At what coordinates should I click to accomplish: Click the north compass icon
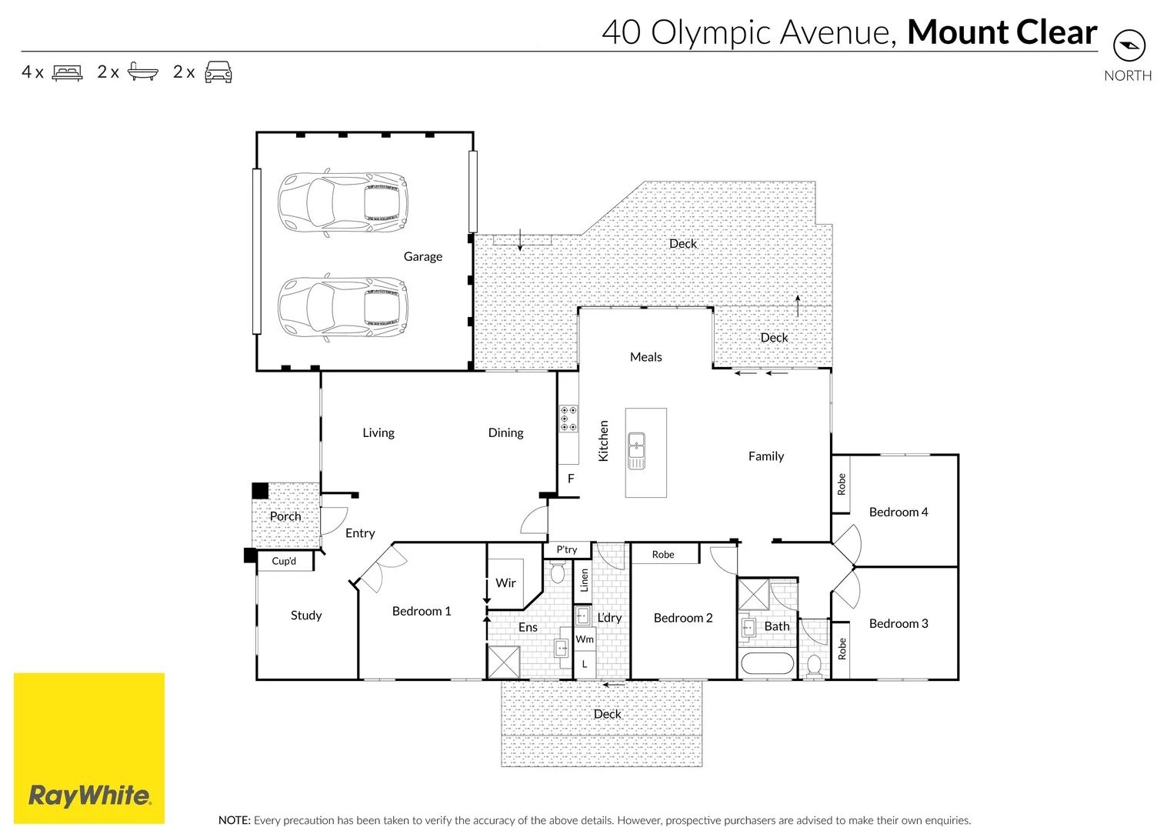tap(1129, 45)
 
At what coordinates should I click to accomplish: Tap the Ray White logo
tap(89, 795)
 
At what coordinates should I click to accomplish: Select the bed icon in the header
tap(67, 72)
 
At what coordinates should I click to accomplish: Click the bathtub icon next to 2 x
tap(142, 72)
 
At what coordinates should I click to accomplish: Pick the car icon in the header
tap(218, 72)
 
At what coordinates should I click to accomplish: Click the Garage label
tap(422, 256)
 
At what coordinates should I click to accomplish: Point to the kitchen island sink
tap(636, 451)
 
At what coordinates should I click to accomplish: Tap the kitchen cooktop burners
tap(568, 419)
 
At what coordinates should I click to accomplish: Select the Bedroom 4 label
tap(898, 512)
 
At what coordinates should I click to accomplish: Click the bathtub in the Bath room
tap(766, 663)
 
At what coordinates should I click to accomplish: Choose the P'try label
tap(566, 549)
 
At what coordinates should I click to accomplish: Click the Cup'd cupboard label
tap(284, 561)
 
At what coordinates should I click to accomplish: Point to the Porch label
tap(285, 516)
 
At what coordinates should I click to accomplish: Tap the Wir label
tap(505, 582)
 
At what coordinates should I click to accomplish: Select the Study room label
tap(306, 615)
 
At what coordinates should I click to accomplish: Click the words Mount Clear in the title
tap(1002, 32)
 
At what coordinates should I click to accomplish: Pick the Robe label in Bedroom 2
tap(662, 554)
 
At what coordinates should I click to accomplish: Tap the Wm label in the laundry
tap(585, 639)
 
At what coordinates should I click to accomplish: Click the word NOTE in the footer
tap(234, 820)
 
